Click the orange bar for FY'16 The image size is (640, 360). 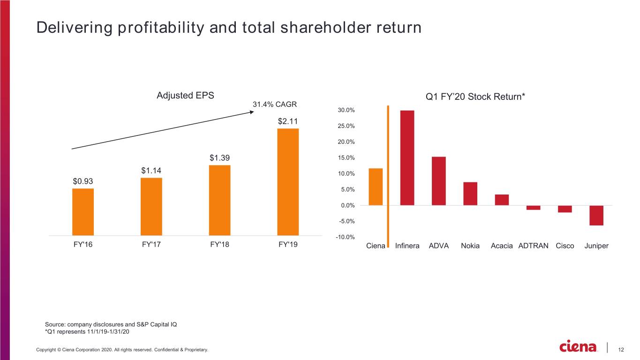coord(83,212)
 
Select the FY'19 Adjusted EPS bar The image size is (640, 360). coord(288,182)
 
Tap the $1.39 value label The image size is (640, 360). coord(219,157)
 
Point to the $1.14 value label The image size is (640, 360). coord(151,171)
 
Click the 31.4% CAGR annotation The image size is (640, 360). coord(275,104)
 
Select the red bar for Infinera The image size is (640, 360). coord(407,157)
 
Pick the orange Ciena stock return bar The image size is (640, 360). coord(376,187)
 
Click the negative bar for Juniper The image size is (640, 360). coord(596,216)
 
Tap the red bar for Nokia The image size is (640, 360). coord(470,194)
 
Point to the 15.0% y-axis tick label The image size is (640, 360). coord(346,157)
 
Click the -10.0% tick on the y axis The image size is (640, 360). coord(345,237)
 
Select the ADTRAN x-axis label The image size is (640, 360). coord(533,246)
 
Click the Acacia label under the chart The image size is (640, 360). coord(502,246)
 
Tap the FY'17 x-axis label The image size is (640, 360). coord(151,245)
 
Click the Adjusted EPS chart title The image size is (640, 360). coord(185,96)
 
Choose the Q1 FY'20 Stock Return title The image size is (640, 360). coord(475,97)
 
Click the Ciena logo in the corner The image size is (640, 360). coord(578,346)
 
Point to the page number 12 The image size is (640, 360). coord(621,350)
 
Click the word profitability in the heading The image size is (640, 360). coord(161,28)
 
